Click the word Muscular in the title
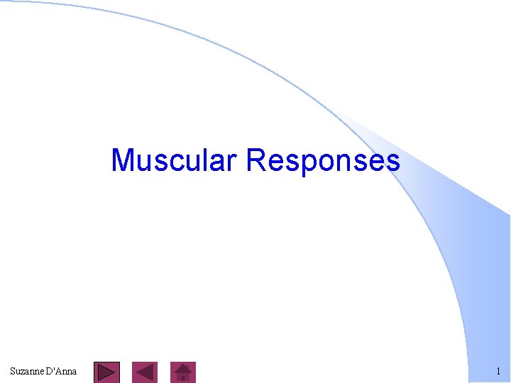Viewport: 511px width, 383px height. [175, 160]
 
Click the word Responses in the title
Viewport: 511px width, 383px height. [323, 160]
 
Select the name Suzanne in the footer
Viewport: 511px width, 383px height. [26, 371]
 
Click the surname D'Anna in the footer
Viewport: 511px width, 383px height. [61, 371]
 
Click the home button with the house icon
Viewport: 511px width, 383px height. [184, 372]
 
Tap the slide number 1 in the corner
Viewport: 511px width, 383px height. [498, 371]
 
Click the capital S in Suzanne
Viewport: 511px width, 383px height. [13, 371]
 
